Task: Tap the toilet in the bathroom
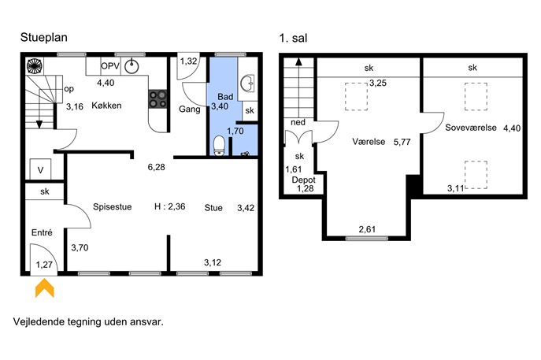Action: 219,146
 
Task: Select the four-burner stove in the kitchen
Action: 158,99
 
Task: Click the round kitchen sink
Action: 132,66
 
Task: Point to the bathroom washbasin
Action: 248,84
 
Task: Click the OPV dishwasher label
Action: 110,66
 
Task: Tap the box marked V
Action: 40,169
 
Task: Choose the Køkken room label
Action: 106,106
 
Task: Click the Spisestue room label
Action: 113,206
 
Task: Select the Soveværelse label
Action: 471,128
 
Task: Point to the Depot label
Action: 304,180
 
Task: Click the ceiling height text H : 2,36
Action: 170,206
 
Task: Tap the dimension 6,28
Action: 156,167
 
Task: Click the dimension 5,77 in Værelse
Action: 402,142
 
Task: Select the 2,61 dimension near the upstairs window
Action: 367,228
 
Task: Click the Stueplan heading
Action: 44,37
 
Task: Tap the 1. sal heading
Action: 293,38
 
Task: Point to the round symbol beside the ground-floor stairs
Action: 35,66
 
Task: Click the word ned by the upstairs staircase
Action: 298,122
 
